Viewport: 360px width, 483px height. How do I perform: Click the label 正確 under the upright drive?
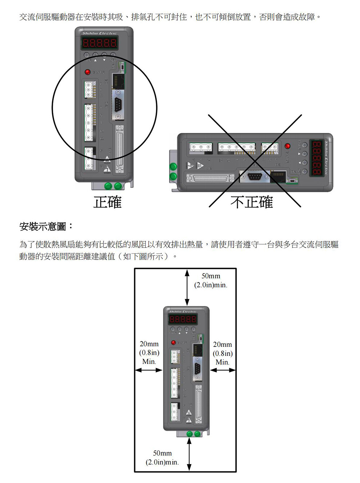[x=107, y=202]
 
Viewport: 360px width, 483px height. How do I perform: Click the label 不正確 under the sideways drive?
[x=252, y=202]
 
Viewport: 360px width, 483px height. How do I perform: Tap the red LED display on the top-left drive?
[x=99, y=43]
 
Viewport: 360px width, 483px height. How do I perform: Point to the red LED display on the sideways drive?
[x=317, y=158]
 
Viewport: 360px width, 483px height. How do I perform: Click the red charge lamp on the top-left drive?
[x=87, y=72]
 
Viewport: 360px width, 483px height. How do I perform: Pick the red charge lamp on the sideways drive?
[x=288, y=146]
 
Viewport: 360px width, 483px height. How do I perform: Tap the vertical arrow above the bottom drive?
[x=187, y=287]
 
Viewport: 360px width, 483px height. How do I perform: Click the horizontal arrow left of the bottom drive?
[x=149, y=370]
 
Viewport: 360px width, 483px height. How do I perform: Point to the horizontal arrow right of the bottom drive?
[x=223, y=370]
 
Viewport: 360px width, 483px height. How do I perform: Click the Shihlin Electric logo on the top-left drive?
[x=99, y=33]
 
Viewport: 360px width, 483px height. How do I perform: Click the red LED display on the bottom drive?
[x=183, y=320]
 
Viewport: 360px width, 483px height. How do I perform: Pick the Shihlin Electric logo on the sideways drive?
[x=327, y=157]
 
